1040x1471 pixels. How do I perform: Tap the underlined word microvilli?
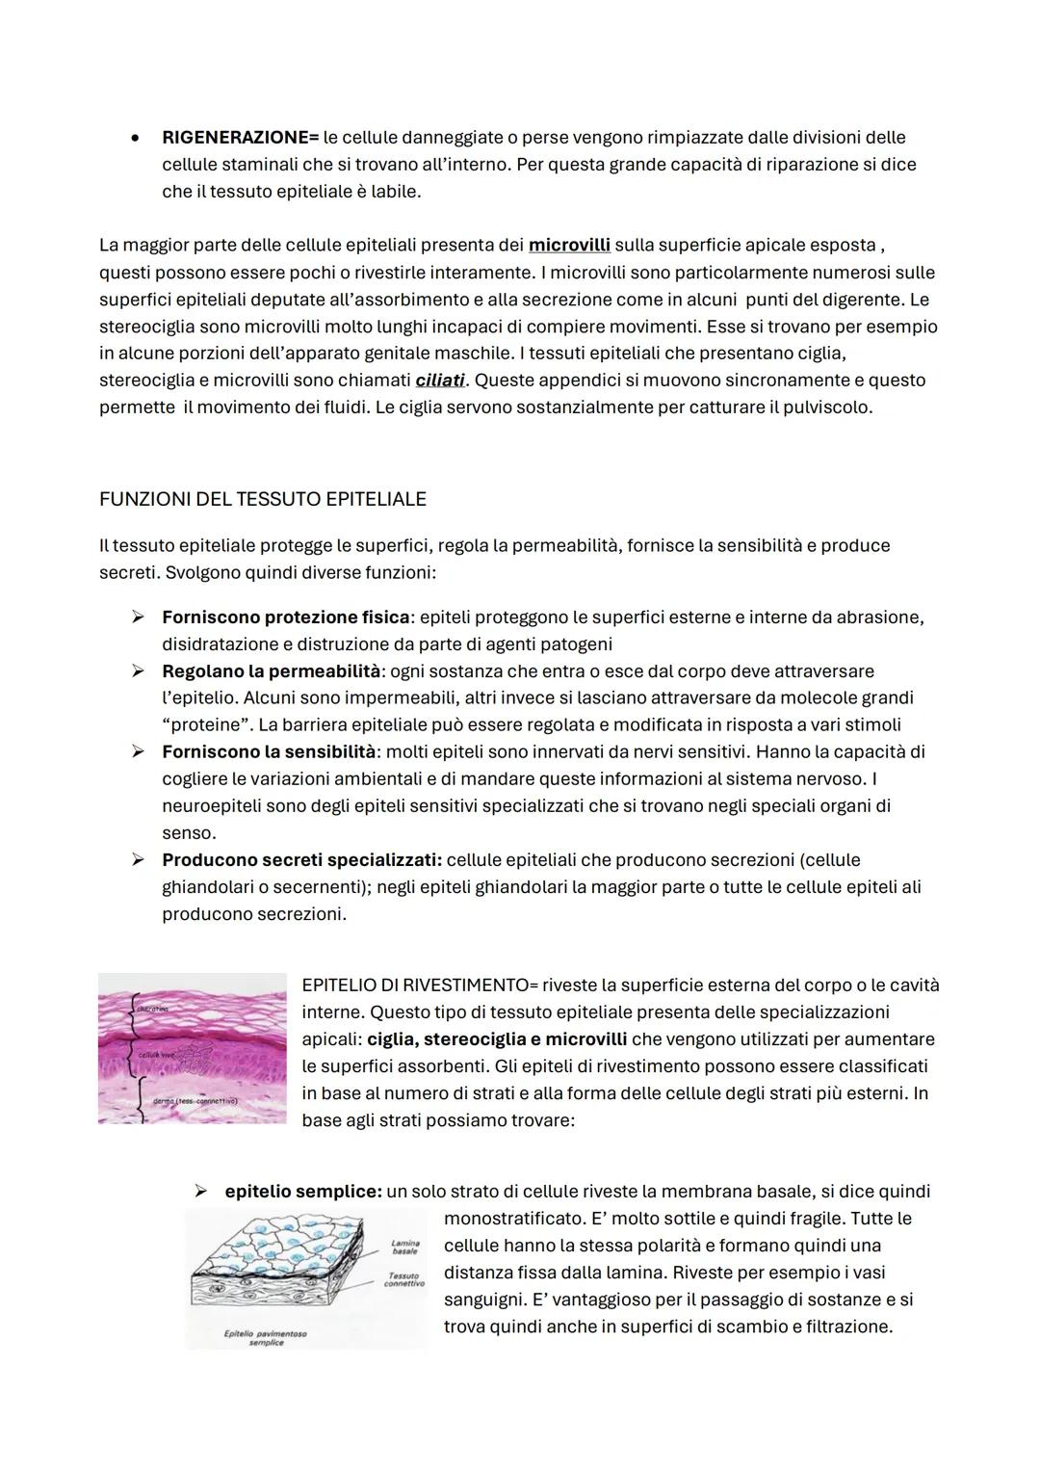[569, 246]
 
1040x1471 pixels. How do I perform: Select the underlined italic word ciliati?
[439, 381]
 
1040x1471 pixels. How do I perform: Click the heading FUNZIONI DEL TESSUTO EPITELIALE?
[262, 499]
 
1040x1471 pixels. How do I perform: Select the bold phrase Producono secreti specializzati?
[301, 860]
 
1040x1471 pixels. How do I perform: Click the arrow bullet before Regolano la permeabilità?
[138, 671]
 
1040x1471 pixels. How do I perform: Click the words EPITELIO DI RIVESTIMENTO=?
[419, 985]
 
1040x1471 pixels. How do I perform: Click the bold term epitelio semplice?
[303, 1192]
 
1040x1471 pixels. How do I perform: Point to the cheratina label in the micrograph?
[153, 1009]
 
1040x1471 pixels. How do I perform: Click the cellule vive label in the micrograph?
[156, 1056]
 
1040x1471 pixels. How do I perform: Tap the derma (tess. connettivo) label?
[195, 1100]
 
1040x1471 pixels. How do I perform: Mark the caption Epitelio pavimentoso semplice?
[266, 1338]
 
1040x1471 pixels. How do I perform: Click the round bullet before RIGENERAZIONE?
[138, 138]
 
